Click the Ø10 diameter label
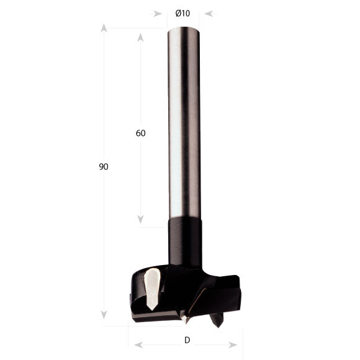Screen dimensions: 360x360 pos(182,13)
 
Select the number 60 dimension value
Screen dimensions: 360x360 pos(140,133)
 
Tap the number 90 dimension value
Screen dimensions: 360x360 pos(103,167)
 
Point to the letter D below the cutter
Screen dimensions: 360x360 pos(186,340)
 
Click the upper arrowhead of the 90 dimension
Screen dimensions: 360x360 pos(104,28)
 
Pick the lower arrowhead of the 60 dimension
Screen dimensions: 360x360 pos(140,219)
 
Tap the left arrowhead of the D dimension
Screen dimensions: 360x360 pos(138,344)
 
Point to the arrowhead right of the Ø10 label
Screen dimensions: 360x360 pos(209,13)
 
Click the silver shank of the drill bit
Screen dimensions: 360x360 pos(184,124)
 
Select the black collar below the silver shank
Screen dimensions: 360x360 pos(184,239)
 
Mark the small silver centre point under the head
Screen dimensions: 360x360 pos(184,319)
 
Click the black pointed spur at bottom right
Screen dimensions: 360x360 pos(217,319)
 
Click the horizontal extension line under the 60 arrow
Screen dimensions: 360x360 pos(152,227)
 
